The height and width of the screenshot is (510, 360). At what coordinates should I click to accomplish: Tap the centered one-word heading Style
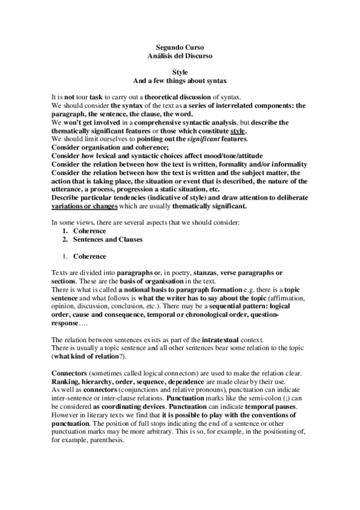click(180, 72)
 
